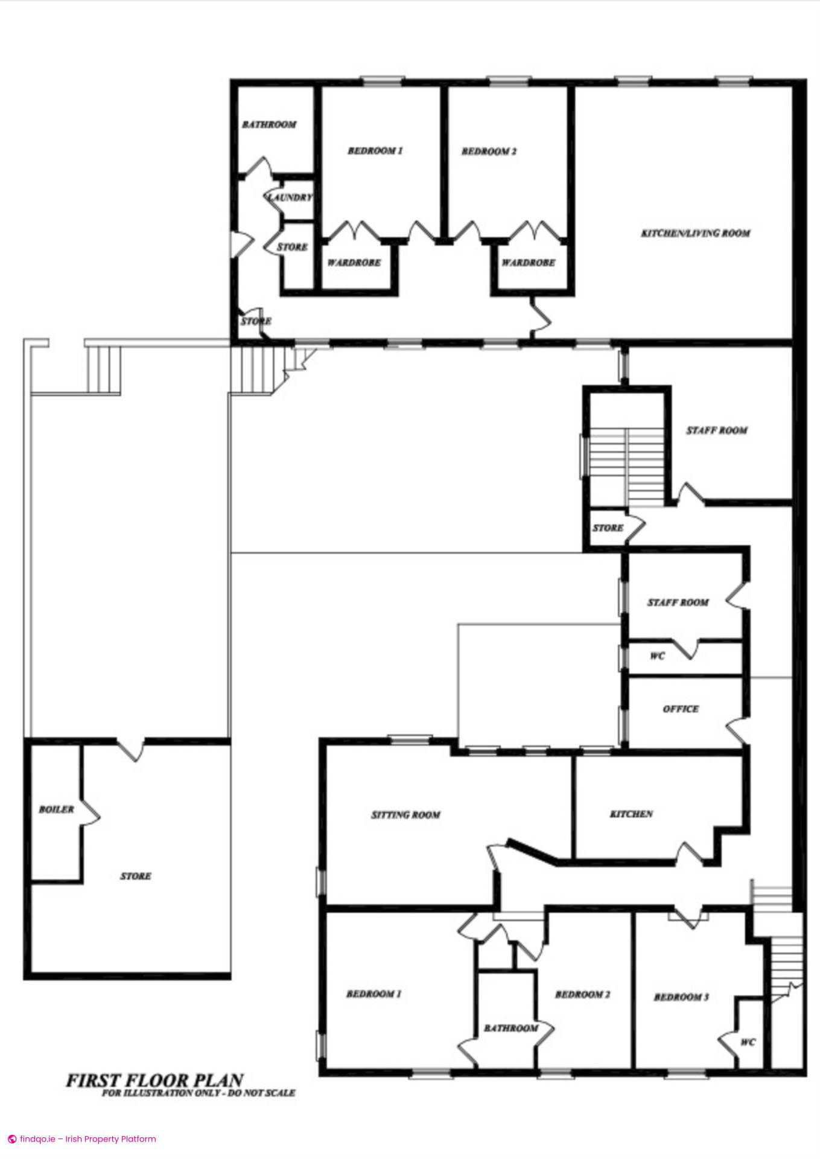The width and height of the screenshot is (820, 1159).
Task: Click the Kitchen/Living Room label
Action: click(695, 233)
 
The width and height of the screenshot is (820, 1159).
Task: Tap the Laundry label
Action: click(291, 197)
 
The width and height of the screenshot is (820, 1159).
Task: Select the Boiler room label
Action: click(56, 809)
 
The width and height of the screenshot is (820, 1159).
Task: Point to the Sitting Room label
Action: click(405, 815)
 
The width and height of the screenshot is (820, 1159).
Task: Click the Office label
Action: click(681, 709)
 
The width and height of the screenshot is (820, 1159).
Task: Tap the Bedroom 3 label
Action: click(681, 997)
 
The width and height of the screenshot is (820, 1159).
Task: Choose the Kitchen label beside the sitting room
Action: click(631, 814)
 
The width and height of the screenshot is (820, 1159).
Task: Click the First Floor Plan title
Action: click(154, 1080)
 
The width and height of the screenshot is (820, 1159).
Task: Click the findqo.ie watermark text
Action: click(87, 1139)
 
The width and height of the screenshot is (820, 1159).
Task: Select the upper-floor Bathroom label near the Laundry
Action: click(269, 124)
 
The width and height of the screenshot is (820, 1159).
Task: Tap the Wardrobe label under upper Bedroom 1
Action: click(354, 263)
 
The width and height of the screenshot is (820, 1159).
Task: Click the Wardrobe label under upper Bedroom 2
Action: click(528, 263)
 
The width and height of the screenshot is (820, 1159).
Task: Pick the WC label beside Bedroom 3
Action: click(748, 1042)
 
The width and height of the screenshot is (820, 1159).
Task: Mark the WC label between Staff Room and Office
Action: click(657, 656)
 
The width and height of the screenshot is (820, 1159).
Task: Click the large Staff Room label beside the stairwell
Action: click(717, 430)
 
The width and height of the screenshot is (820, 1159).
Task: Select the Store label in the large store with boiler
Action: click(135, 876)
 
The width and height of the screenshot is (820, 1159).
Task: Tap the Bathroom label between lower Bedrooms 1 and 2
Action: click(511, 1028)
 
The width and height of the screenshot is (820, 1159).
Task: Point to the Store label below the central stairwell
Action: click(608, 528)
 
